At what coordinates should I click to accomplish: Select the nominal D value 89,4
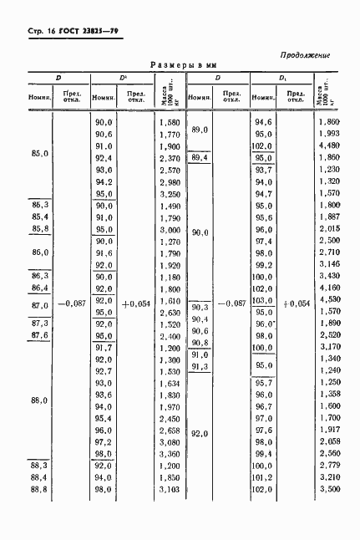(200, 157)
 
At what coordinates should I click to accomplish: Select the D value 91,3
(200, 365)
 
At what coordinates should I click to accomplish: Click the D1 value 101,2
(264, 476)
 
